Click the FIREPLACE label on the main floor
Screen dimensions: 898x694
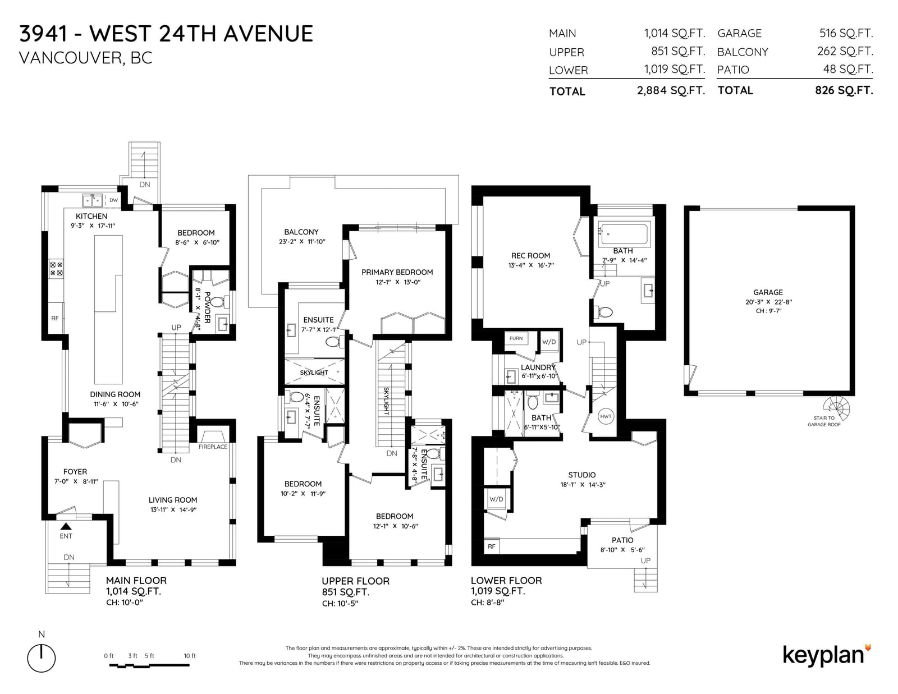coord(212,447)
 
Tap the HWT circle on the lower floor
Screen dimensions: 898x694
coord(606,416)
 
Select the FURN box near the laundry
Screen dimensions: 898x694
coord(516,338)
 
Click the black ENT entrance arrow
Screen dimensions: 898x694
coord(66,526)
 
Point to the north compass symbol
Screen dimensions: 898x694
coord(42,658)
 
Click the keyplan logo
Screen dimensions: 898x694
coord(826,655)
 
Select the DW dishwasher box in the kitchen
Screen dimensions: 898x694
coord(113,200)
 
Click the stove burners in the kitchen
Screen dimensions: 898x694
coord(56,269)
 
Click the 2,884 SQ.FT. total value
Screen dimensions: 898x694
coord(671,90)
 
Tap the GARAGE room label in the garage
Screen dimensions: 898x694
coord(768,292)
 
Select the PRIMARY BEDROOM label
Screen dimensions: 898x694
coord(397,272)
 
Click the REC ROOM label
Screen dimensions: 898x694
coord(530,256)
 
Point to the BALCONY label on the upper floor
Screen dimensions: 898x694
coord(301,232)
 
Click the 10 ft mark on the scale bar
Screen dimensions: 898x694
coord(190,656)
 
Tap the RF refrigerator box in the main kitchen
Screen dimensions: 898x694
coord(56,318)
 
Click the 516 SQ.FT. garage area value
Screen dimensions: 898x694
coord(846,33)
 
